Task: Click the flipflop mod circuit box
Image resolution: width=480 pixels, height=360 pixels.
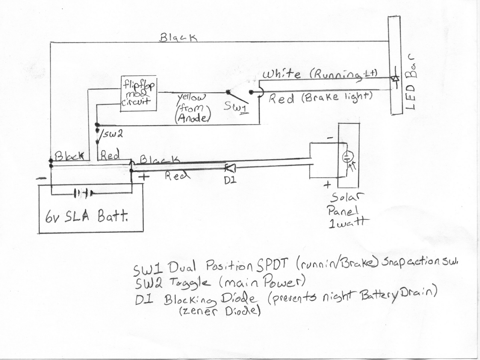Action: coord(139,94)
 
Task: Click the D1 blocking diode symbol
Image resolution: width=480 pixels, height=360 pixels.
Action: coord(230,167)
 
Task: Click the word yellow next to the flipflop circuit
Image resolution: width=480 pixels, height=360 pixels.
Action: coord(191,97)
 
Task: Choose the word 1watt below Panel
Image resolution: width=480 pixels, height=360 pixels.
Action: coord(347,223)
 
